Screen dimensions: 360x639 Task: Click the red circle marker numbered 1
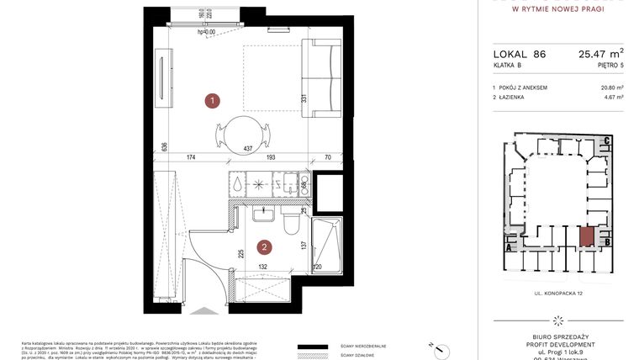point(214,101)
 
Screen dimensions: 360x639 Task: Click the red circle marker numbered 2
point(264,247)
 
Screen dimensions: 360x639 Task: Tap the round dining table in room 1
point(243,130)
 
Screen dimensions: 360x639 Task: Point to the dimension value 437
point(248,149)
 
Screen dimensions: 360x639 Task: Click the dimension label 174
point(191,157)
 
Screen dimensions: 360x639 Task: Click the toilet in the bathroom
point(289,223)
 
